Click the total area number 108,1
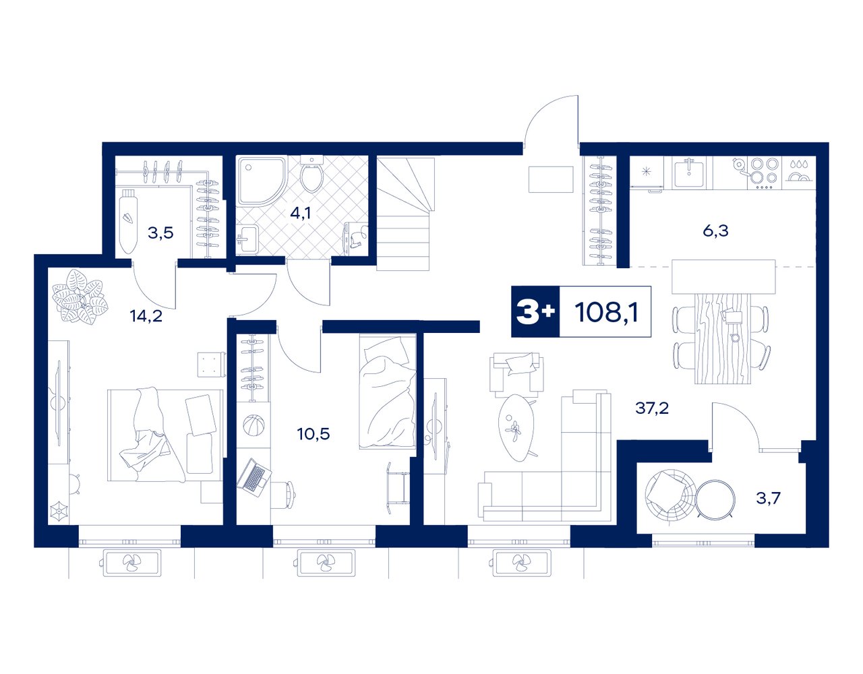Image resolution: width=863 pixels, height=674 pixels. pos(606,312)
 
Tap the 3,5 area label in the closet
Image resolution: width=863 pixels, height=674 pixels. pos(160,233)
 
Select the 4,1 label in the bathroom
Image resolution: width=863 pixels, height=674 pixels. pos(300,213)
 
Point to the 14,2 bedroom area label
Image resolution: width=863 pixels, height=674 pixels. pos(146,316)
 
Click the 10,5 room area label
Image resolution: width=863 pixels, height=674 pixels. pos(314,434)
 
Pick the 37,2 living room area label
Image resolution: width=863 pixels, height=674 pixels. pos(652,408)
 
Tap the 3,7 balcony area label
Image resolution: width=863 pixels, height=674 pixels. pos(768,497)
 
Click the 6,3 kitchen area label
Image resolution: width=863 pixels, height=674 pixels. pos(715,231)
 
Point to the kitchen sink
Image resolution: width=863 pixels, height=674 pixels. pos(688,173)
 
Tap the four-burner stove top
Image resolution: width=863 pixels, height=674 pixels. pos(764,173)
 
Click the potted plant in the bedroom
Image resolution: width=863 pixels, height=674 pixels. pos(80,297)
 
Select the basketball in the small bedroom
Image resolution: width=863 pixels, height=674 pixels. pos(253,426)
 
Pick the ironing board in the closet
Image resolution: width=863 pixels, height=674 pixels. pos(129,220)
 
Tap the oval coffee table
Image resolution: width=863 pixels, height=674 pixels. pos(516,427)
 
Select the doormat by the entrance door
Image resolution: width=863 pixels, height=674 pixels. pos(551,179)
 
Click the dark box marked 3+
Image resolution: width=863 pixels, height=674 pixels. pos(535,311)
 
